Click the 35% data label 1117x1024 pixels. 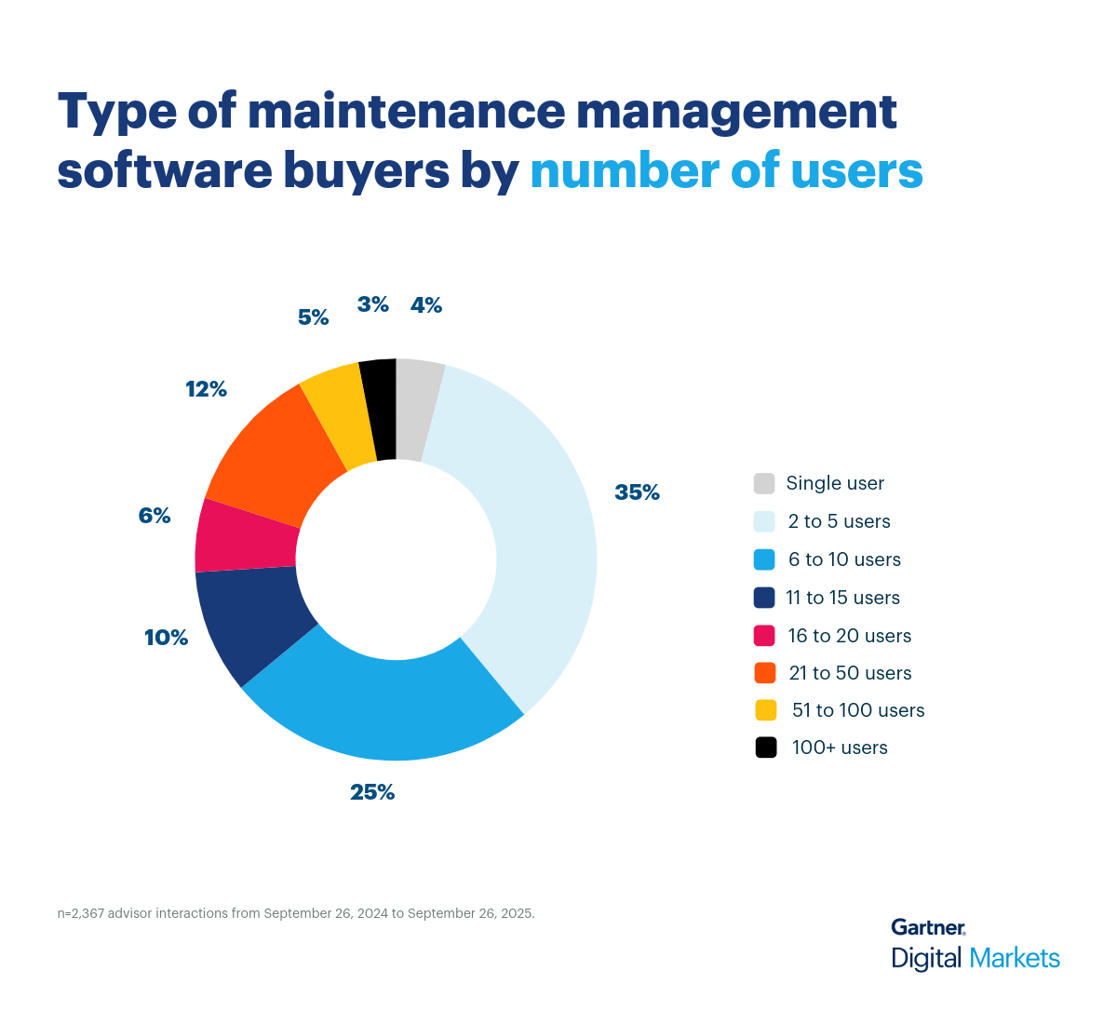pyautogui.click(x=637, y=492)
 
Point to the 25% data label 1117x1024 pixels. pyautogui.click(x=372, y=792)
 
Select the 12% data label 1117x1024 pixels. pyautogui.click(x=206, y=389)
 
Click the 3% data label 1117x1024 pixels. pyautogui.click(x=372, y=304)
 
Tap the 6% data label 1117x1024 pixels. pyautogui.click(x=155, y=516)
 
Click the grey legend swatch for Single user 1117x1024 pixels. pyautogui.click(x=764, y=483)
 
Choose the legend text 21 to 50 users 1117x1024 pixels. pyautogui.click(x=850, y=673)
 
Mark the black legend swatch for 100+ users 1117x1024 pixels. pyautogui.click(x=765, y=748)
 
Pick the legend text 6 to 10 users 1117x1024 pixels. pyautogui.click(x=844, y=559)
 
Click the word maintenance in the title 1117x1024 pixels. pyautogui.click(x=406, y=111)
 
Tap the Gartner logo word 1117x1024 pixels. pyautogui.click(x=928, y=927)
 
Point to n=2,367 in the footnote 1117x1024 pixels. pyautogui.click(x=81, y=913)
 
